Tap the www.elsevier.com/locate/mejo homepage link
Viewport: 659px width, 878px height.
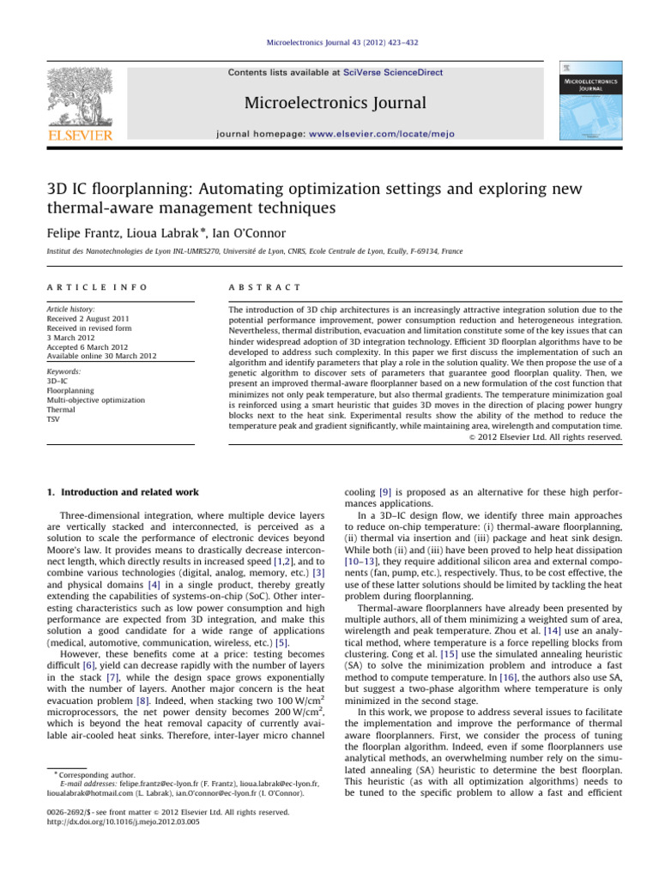386,134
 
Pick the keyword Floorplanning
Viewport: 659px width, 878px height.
65,389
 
